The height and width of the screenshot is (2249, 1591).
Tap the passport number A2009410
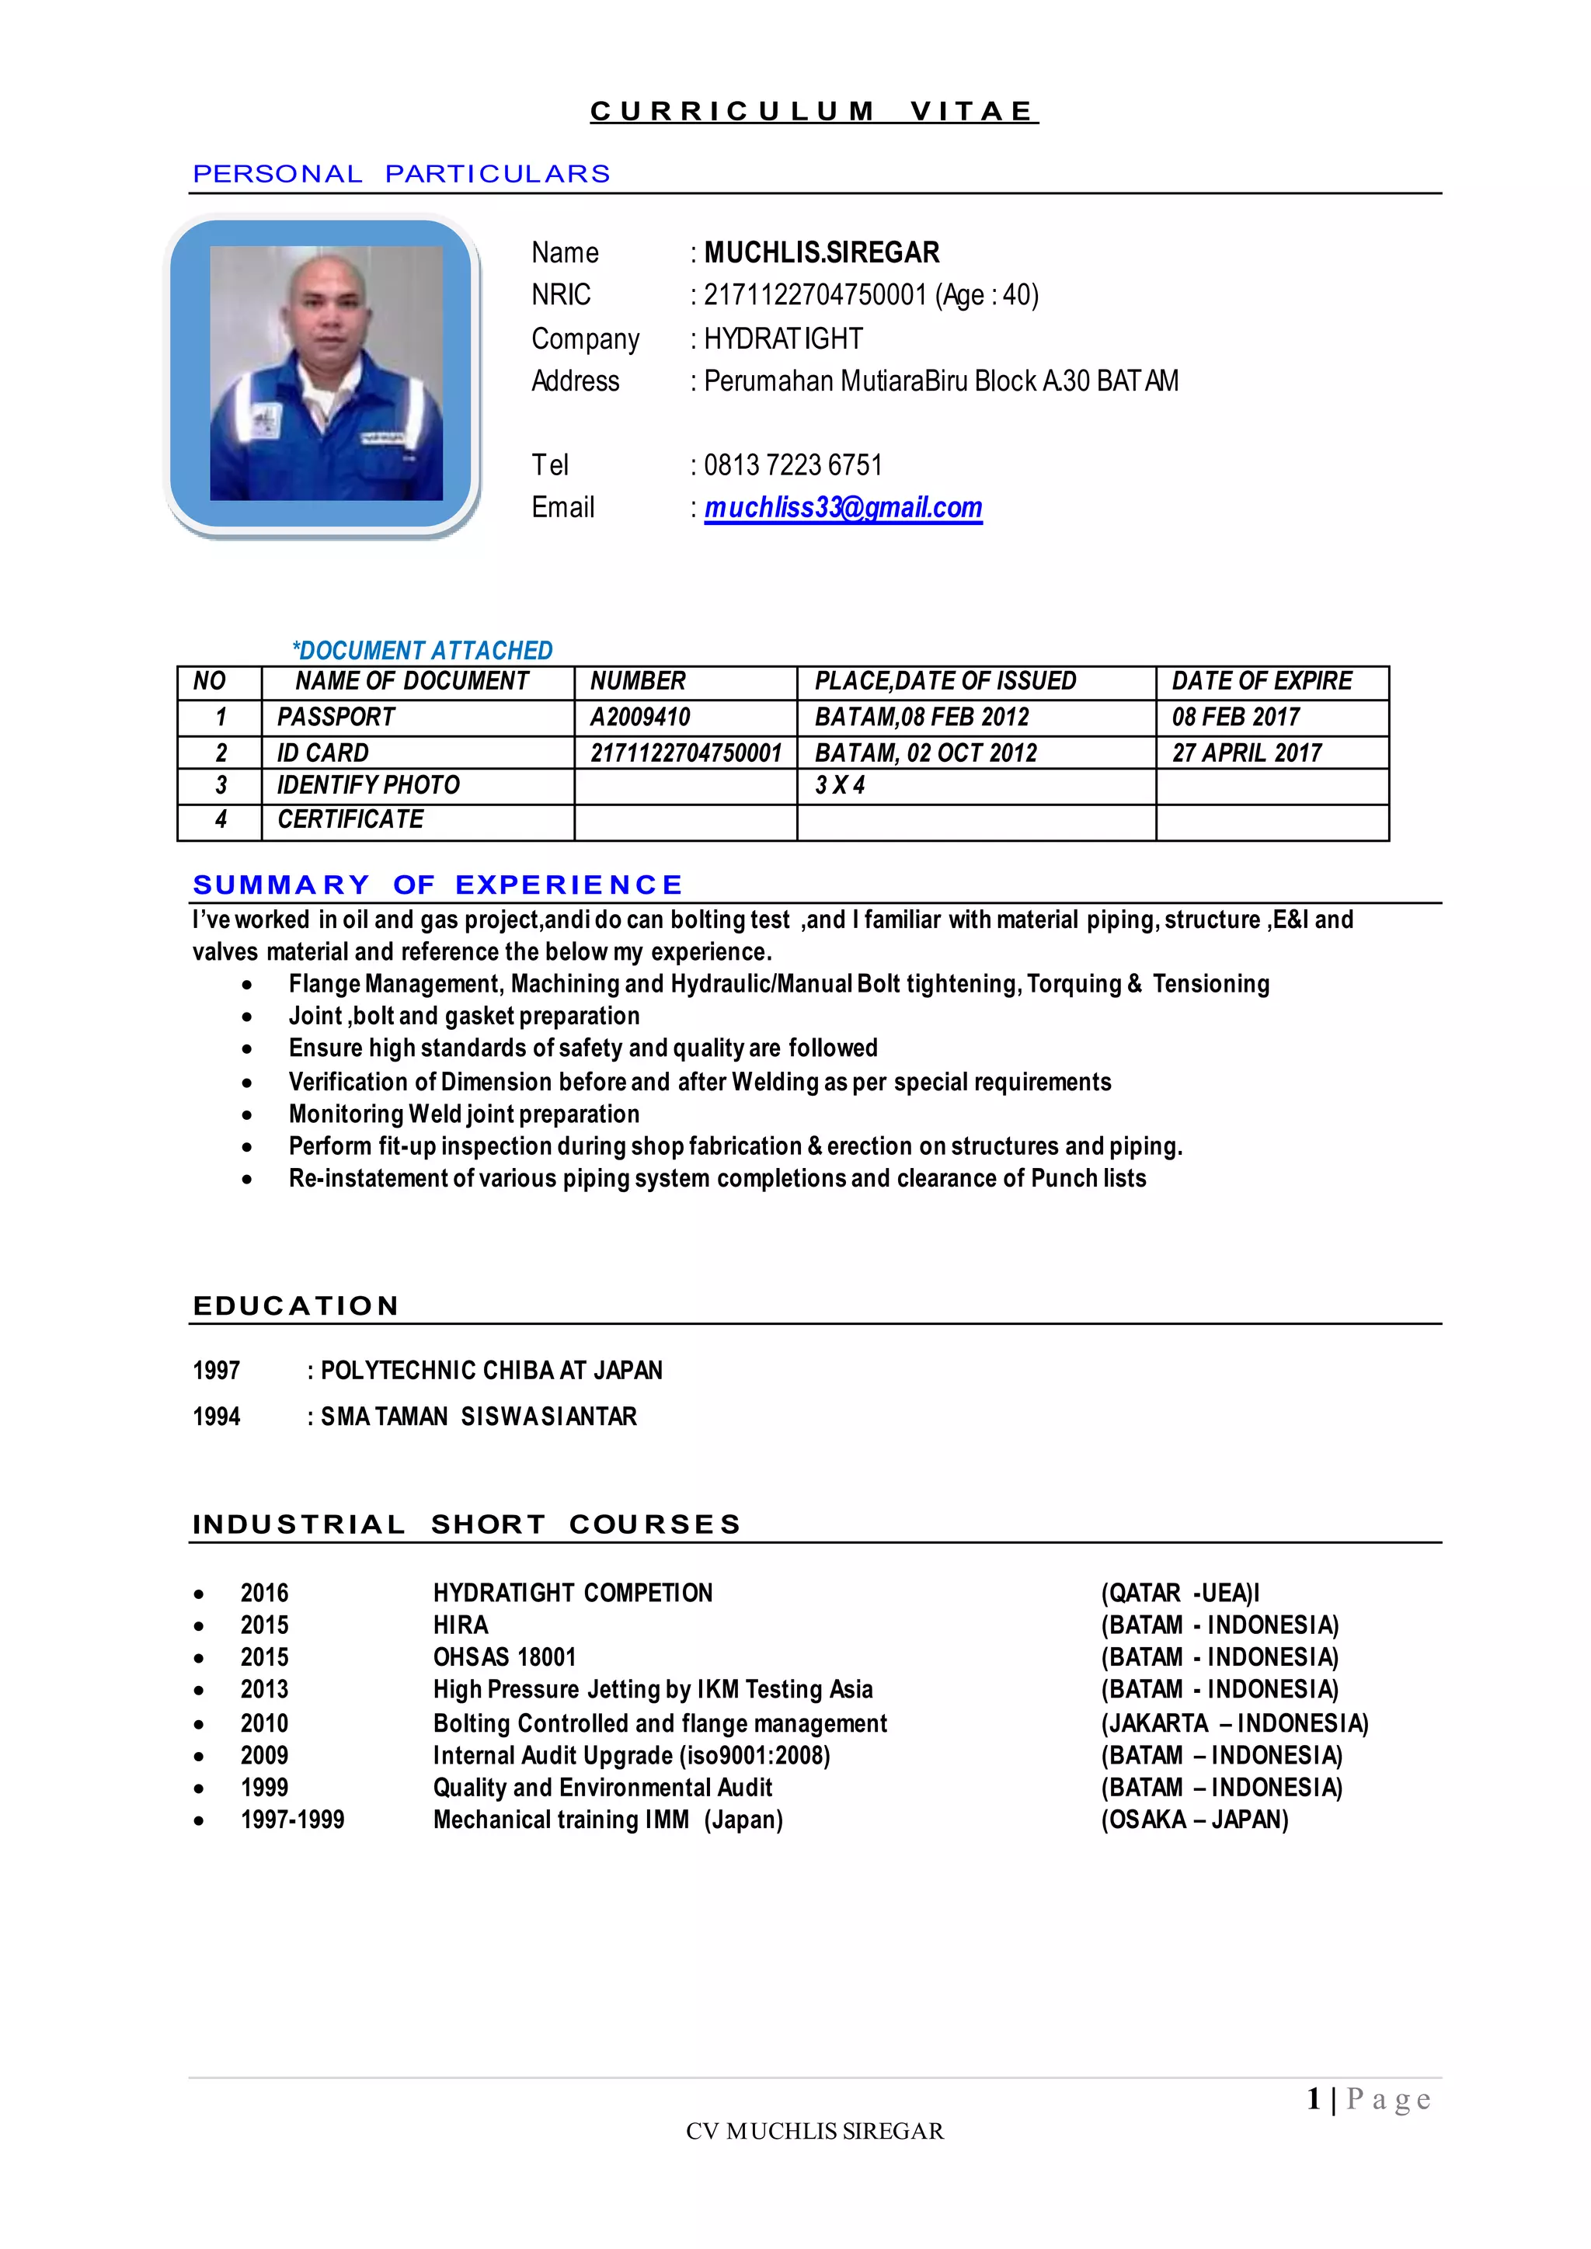point(639,717)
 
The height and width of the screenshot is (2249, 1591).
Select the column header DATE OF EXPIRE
point(1261,681)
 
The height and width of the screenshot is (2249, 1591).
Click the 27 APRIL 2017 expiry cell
point(1246,753)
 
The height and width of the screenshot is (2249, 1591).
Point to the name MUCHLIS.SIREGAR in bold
point(821,252)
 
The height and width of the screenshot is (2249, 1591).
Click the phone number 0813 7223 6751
point(792,464)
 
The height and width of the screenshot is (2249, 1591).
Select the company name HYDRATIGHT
point(783,339)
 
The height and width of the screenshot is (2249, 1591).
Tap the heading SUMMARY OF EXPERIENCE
point(437,885)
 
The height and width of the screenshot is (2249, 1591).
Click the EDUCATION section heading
point(296,1305)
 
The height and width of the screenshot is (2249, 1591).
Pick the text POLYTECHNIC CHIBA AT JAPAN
point(491,1371)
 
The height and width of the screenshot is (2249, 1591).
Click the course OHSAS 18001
point(504,1656)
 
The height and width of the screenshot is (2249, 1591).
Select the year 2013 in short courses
point(264,1689)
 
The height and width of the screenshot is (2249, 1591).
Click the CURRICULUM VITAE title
point(813,112)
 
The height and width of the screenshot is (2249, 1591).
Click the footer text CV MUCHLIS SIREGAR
point(814,2130)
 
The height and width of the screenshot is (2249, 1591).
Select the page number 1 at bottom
point(1313,2098)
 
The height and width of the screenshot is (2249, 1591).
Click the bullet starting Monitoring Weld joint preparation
point(463,1114)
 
